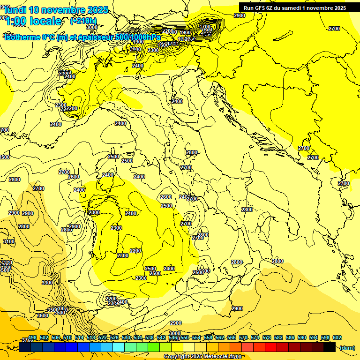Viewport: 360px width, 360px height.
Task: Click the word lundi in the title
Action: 15,9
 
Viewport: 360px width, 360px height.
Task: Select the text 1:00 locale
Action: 33,21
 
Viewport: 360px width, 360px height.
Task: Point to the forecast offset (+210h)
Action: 83,21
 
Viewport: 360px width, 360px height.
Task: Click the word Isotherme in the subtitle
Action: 22,37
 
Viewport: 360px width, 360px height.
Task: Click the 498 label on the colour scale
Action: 32,338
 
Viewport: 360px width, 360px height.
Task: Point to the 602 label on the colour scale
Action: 337,338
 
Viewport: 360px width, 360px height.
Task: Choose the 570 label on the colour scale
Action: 243,338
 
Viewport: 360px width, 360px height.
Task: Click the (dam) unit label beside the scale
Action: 346,348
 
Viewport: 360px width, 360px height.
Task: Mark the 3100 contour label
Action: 8,241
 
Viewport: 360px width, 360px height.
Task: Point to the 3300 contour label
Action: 47,283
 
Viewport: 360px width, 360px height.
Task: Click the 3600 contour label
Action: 42,315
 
